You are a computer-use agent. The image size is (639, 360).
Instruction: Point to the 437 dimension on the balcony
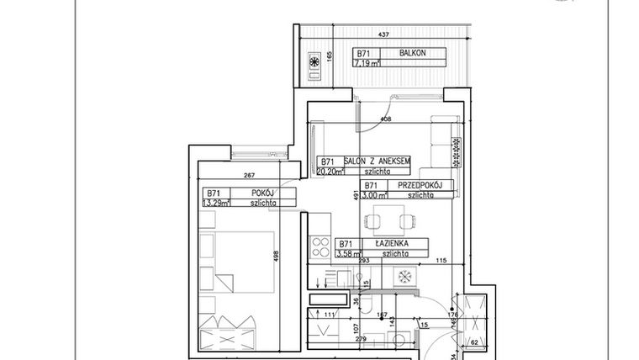coord(383,34)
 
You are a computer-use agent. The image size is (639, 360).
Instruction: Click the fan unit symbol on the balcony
coord(314,62)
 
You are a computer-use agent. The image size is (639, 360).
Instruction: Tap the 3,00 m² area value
coord(374,195)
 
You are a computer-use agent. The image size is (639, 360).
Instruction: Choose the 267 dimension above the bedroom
coord(248,176)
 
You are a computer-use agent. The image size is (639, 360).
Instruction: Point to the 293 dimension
coord(364,261)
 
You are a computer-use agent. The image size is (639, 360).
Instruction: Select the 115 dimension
coord(440,261)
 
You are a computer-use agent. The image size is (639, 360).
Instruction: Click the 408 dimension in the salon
coord(385,119)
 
